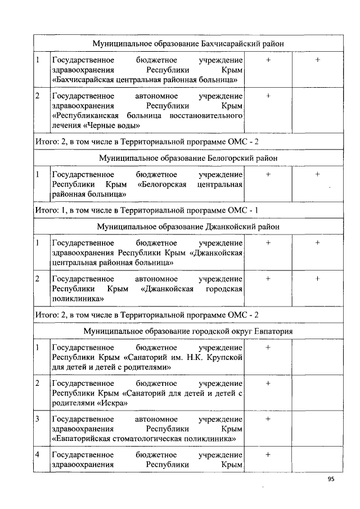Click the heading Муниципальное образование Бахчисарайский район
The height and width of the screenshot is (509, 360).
(x=188, y=43)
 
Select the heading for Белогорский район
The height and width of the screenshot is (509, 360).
(x=188, y=158)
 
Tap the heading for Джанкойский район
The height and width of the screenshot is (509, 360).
(x=188, y=227)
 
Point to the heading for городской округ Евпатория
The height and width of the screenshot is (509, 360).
(x=188, y=331)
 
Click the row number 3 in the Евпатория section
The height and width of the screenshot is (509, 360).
(x=37, y=419)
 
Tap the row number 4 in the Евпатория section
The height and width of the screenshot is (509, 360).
(x=37, y=454)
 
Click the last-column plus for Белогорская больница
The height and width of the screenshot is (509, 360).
(x=318, y=174)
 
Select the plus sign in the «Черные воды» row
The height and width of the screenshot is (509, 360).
(x=268, y=96)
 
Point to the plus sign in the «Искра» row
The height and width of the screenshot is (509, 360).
(x=268, y=383)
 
